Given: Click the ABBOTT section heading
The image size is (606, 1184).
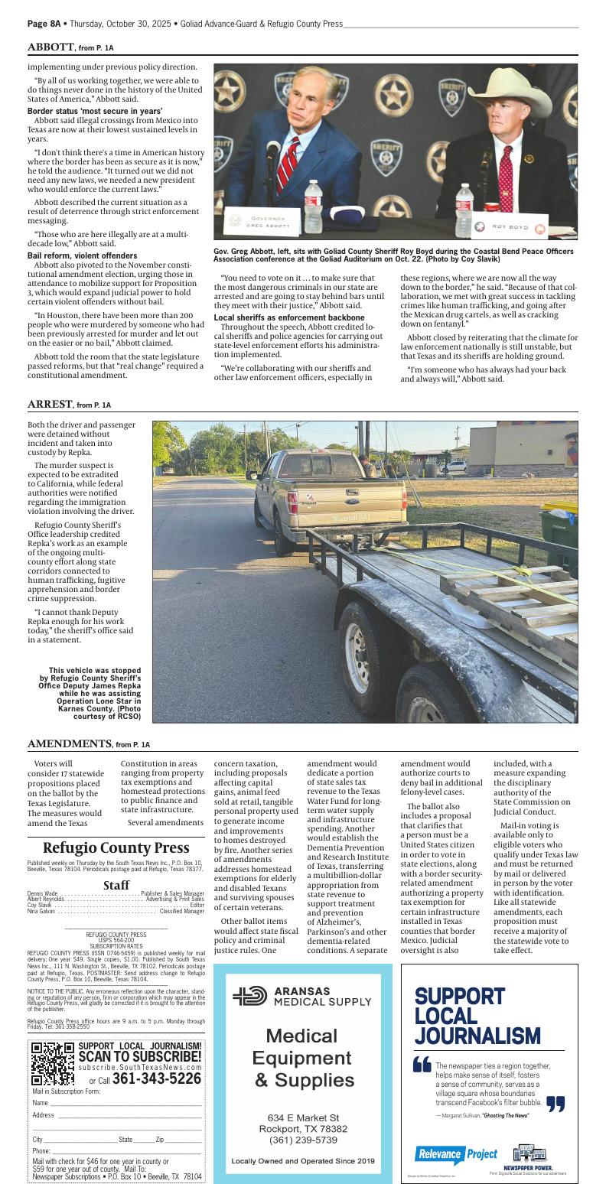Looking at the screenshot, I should click(x=50, y=47).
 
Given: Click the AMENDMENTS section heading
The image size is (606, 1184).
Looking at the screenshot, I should click(x=70, y=743).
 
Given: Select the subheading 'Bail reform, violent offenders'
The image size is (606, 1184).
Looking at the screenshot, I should click(x=83, y=255).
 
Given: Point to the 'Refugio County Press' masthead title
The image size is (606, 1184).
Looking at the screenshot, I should click(x=116, y=847).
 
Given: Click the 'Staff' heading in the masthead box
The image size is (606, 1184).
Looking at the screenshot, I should click(x=116, y=885).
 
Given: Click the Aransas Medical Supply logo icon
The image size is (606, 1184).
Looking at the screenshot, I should click(x=249, y=995).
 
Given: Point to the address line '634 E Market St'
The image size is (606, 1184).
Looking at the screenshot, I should click(x=303, y=1117).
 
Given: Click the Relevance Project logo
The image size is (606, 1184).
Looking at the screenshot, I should click(x=456, y=1154).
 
